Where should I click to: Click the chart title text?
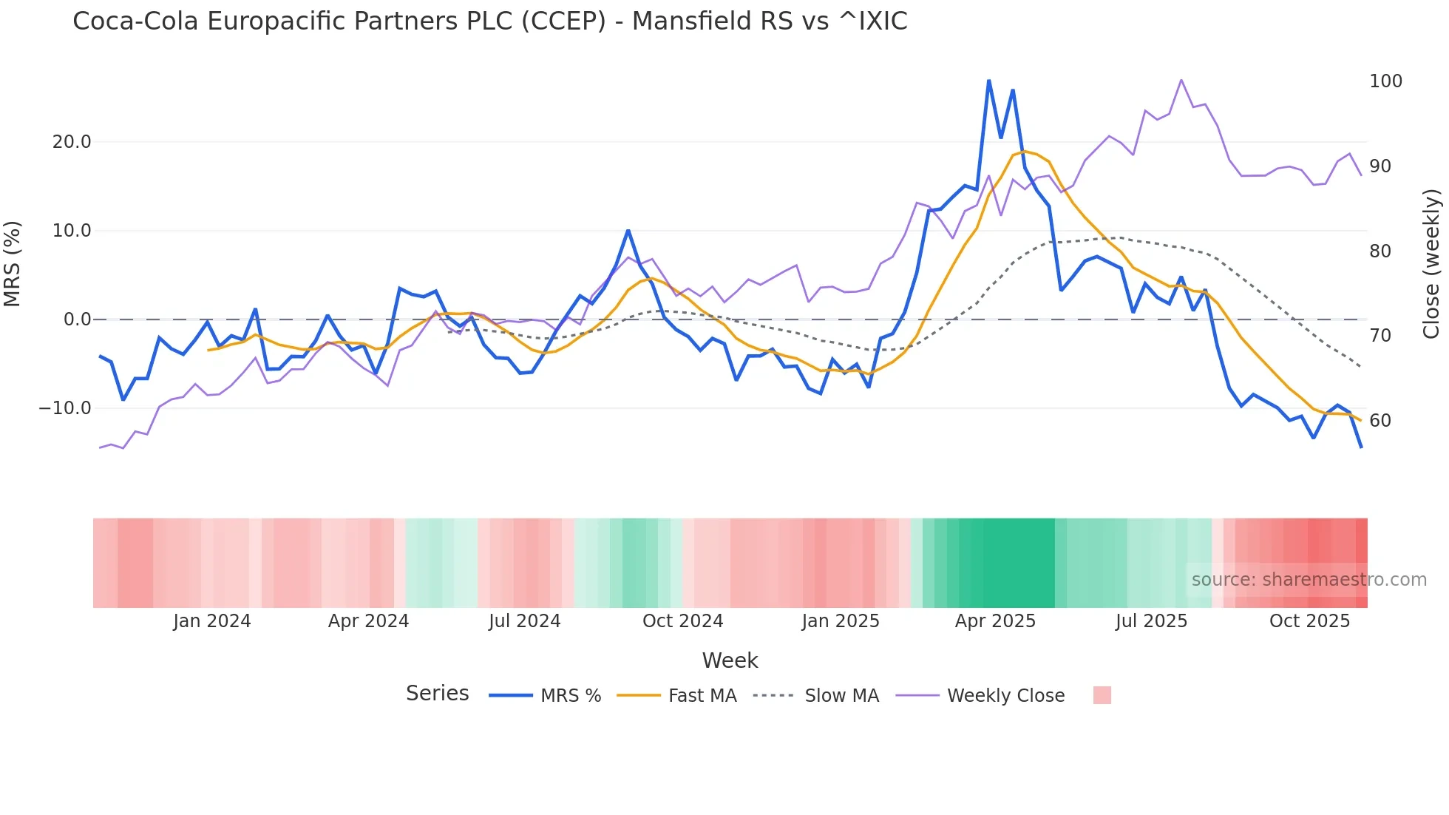489,21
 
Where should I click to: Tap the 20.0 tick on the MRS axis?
72,142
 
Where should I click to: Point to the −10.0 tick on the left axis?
65,408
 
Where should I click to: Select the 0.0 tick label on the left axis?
77,319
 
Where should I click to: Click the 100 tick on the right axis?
1385,81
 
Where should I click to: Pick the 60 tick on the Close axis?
1380,421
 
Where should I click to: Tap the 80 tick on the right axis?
1380,251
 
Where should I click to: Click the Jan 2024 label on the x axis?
212,621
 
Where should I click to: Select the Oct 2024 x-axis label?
682,621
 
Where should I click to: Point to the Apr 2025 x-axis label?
995,621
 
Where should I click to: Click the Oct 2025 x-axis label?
1309,621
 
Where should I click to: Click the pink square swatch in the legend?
1102,695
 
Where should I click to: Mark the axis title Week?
730,660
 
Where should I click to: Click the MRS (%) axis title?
13,264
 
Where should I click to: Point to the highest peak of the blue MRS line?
989,81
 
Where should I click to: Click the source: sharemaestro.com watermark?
1309,580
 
